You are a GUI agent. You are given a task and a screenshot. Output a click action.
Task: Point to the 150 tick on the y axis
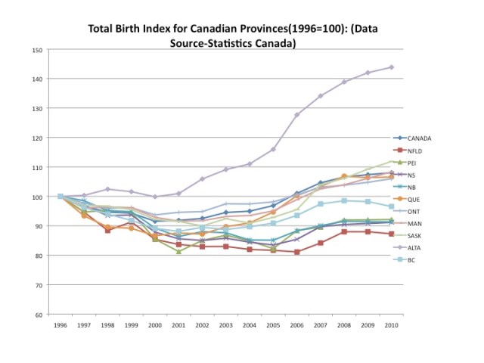coord(37,50)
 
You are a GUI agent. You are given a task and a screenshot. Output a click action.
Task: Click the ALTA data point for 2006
coord(297,115)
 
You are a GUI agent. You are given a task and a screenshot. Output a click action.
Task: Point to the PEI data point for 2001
coord(178,251)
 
